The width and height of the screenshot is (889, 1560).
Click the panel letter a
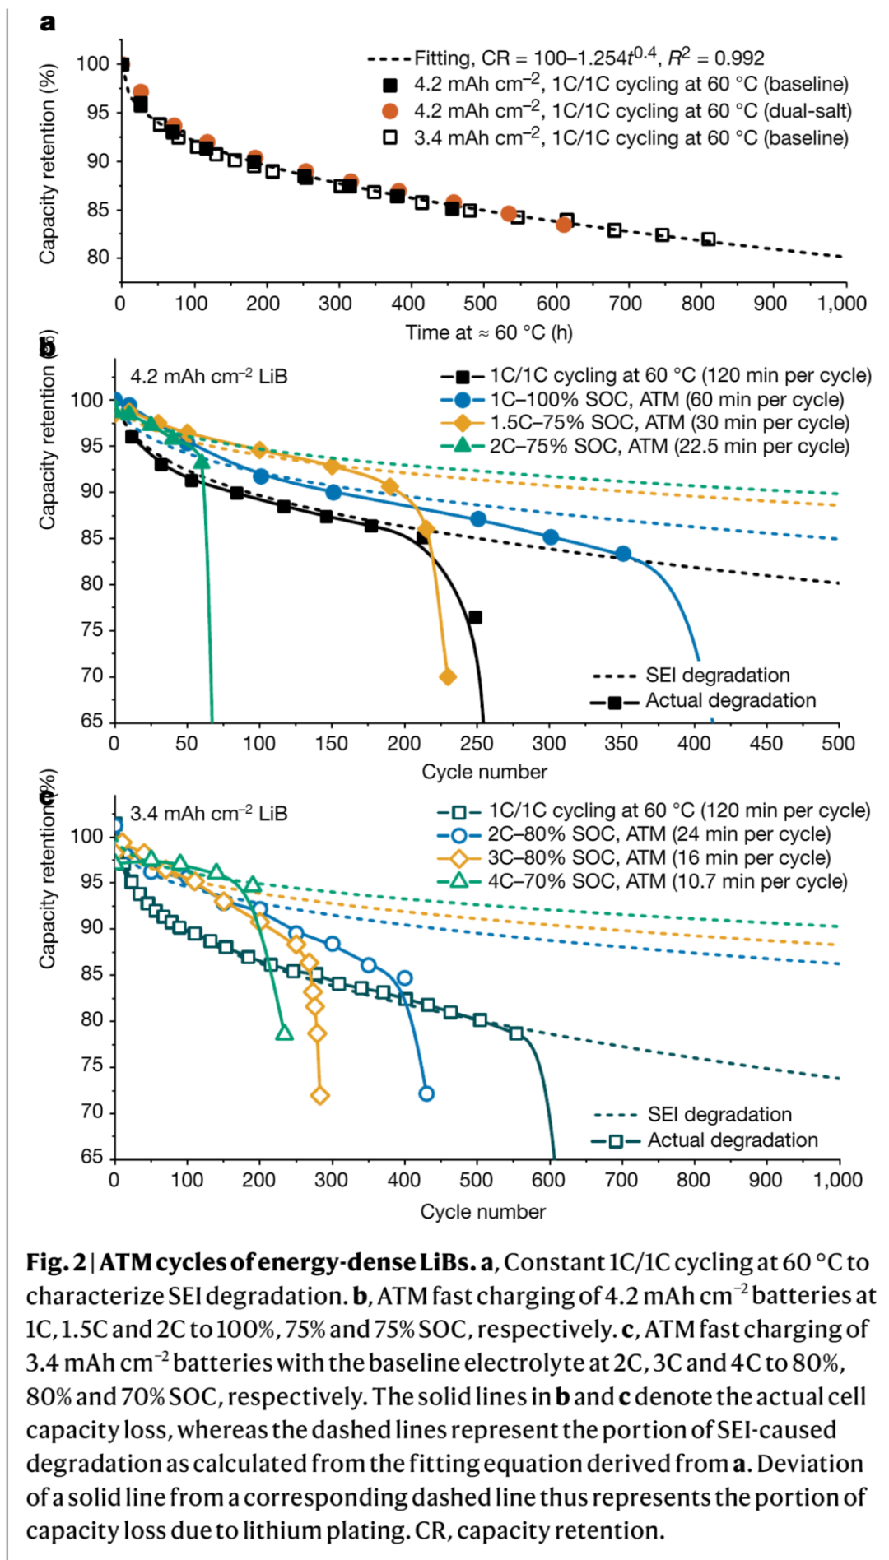coord(48,22)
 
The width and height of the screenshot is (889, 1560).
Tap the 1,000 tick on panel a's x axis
coord(841,304)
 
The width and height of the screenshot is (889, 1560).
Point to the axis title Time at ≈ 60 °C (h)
coord(488,332)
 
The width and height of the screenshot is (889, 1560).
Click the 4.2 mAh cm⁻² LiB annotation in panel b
coord(209,377)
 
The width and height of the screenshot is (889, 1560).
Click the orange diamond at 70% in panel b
coord(448,677)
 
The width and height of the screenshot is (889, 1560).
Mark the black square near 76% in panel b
coord(475,617)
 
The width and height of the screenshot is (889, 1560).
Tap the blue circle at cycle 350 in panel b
coord(623,554)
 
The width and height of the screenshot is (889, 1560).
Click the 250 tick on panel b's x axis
coord(476,743)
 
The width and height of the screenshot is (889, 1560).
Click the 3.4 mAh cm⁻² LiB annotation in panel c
coord(209,814)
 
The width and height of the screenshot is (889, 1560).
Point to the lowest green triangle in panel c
coord(284,1032)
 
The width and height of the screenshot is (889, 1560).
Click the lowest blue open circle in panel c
coord(426,1093)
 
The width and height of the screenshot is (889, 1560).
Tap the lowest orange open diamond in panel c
coord(320,1095)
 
